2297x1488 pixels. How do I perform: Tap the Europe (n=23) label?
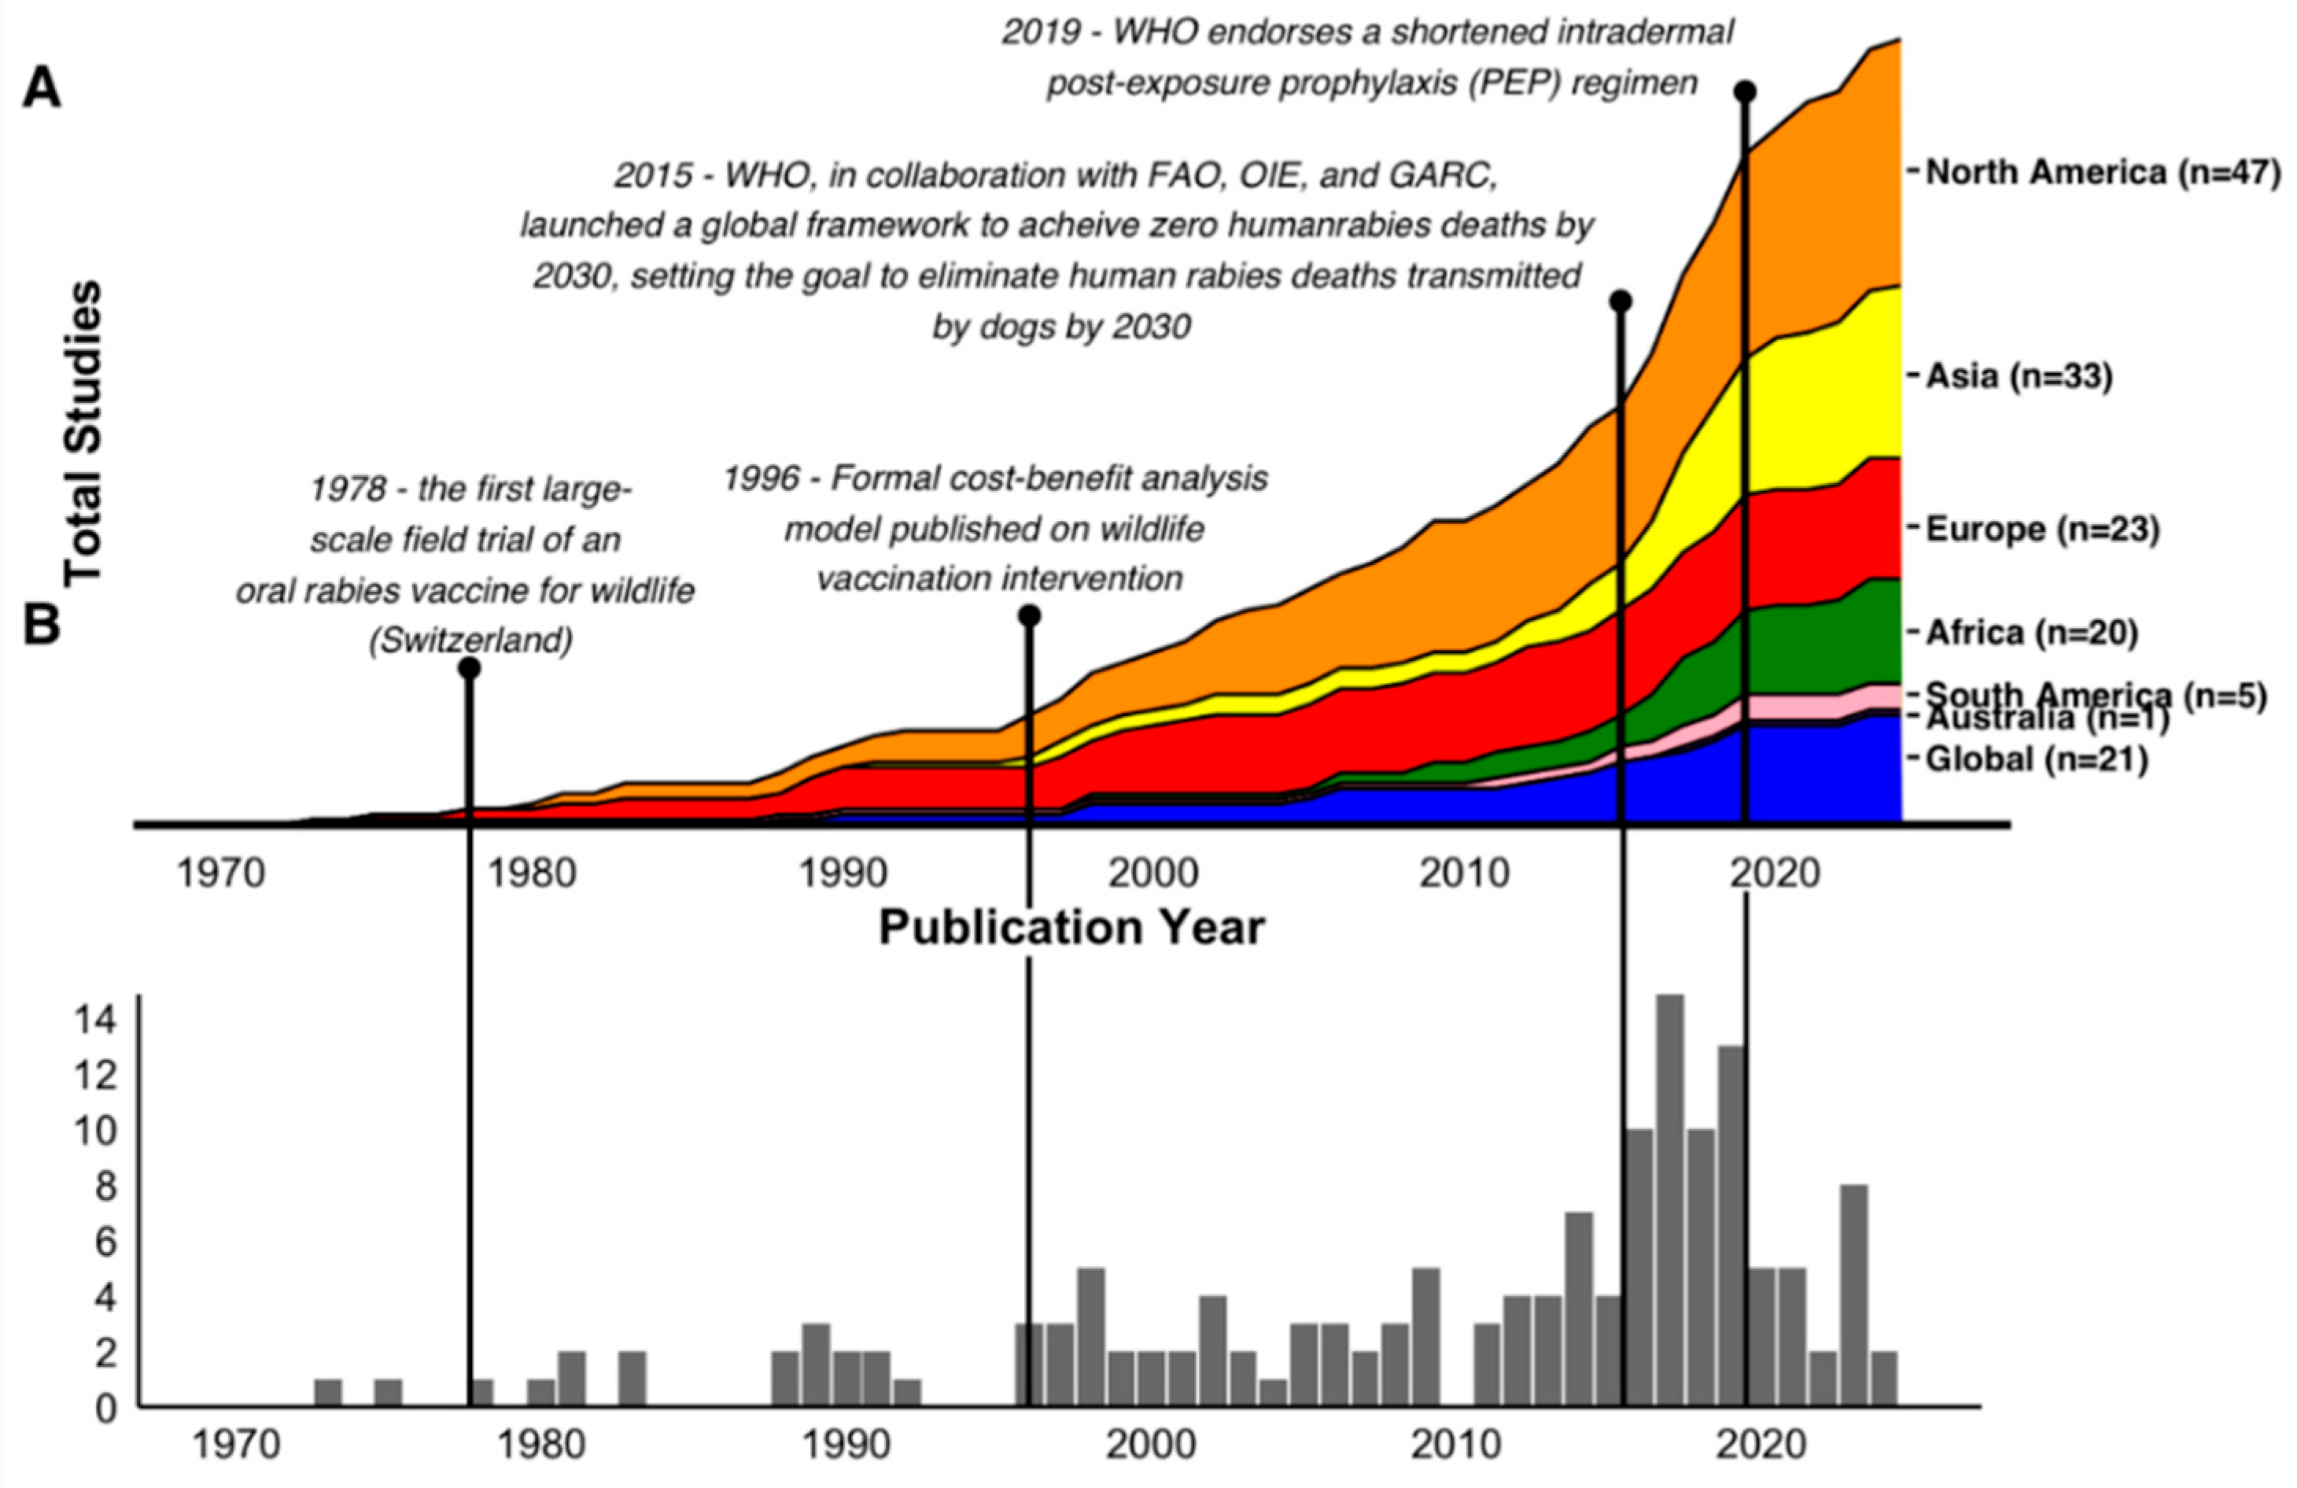2042,529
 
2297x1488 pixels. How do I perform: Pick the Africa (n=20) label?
2033,633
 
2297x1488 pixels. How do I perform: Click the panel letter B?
42,626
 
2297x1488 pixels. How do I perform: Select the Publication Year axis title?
1071,928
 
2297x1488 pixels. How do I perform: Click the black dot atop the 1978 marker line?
470,668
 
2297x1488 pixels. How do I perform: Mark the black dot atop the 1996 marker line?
1029,615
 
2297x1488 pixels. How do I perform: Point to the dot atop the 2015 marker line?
1621,301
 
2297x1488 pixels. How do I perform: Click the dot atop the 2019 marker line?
1745,92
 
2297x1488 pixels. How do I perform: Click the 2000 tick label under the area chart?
1153,874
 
